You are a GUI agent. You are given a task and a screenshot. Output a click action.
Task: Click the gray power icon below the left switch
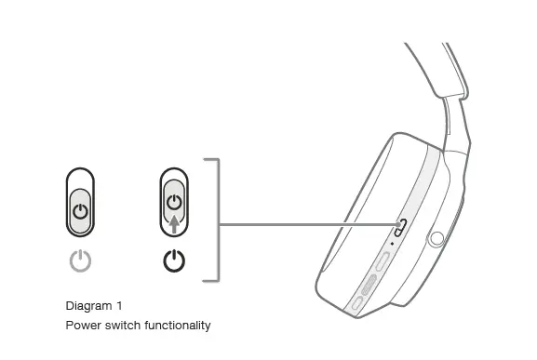(82, 262)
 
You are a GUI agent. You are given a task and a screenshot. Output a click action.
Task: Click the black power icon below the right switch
(174, 262)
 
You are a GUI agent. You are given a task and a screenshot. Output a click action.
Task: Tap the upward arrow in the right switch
(174, 222)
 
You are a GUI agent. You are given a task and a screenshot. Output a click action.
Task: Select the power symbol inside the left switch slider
(82, 211)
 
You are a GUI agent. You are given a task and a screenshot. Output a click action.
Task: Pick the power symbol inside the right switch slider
(174, 201)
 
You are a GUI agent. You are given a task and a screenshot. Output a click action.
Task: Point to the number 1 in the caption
(119, 306)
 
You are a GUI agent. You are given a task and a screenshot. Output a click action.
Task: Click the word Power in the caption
(81, 326)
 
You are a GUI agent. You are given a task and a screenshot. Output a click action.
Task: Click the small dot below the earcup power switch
(392, 245)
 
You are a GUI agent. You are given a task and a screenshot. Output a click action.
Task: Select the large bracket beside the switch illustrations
(218, 220)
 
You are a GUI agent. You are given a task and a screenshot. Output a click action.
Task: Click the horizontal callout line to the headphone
(307, 225)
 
